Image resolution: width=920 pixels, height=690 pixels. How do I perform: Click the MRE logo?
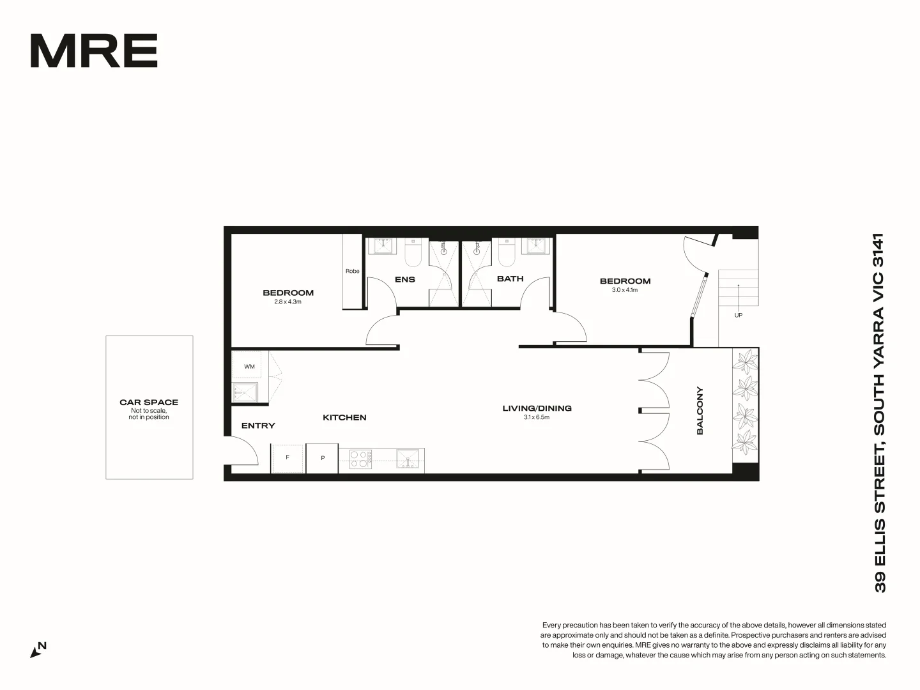click(94, 51)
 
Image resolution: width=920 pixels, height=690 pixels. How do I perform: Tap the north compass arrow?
click(37, 650)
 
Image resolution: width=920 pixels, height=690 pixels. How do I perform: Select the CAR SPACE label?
click(149, 402)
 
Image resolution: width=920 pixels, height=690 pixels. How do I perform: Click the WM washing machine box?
click(249, 367)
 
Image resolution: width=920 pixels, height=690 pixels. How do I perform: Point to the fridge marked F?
click(287, 458)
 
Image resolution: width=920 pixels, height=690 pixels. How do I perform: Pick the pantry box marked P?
click(323, 458)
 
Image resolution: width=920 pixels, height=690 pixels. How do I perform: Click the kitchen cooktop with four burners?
click(361, 459)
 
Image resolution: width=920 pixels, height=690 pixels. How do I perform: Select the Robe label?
click(353, 271)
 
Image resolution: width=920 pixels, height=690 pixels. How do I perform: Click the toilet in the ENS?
click(413, 254)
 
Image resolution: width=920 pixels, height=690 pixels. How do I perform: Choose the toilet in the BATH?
click(507, 254)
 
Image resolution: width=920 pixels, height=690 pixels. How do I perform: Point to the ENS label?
click(405, 279)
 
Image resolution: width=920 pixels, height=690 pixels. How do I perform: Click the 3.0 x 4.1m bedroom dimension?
click(625, 290)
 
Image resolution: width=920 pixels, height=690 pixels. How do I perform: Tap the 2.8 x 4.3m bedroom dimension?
click(287, 302)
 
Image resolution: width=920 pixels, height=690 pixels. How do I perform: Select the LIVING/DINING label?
click(537, 408)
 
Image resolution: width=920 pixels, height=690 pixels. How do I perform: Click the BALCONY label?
click(700, 411)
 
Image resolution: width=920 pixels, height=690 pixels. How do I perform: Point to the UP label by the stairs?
click(739, 315)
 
